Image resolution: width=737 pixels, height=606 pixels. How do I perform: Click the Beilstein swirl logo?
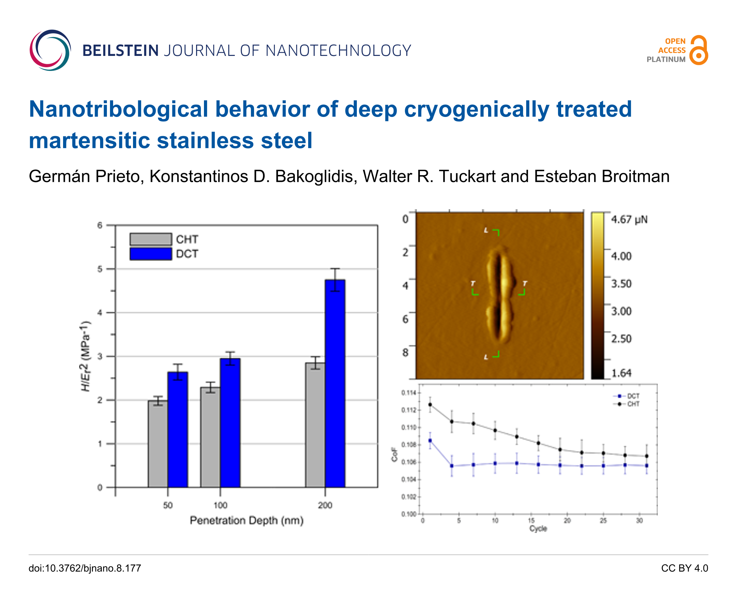click(x=50, y=50)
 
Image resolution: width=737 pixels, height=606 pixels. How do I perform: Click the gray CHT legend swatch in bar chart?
click(x=150, y=239)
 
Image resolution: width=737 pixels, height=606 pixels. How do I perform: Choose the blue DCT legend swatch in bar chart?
click(x=150, y=254)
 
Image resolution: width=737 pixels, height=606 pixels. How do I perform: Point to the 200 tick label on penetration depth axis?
click(x=325, y=505)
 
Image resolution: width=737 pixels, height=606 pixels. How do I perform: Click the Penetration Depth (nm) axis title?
click(x=246, y=521)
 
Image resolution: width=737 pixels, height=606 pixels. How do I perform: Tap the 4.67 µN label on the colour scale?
click(x=629, y=219)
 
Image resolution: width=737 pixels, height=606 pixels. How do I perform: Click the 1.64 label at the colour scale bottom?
click(x=621, y=373)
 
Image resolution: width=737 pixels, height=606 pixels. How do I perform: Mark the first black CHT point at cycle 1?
click(x=430, y=405)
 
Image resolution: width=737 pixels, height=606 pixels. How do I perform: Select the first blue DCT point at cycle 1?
click(x=430, y=441)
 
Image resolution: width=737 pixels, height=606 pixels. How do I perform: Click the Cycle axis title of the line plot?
click(x=538, y=528)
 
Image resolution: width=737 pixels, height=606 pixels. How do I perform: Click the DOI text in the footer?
click(x=85, y=568)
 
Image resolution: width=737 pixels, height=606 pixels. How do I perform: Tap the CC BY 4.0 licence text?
click(x=684, y=568)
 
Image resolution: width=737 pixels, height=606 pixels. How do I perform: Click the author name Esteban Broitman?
click(x=602, y=176)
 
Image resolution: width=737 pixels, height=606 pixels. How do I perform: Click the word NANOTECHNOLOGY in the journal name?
click(x=338, y=51)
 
